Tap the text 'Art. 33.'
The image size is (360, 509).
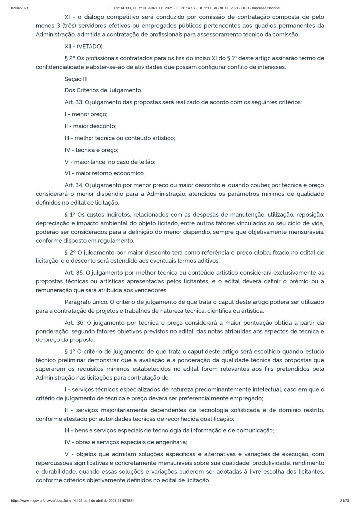tap(75, 102)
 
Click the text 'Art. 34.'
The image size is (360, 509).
tap(75, 184)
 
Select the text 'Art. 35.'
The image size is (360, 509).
tap(75, 272)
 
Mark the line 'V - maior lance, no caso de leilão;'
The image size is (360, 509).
tap(110, 161)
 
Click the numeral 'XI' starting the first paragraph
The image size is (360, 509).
tap(68, 16)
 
